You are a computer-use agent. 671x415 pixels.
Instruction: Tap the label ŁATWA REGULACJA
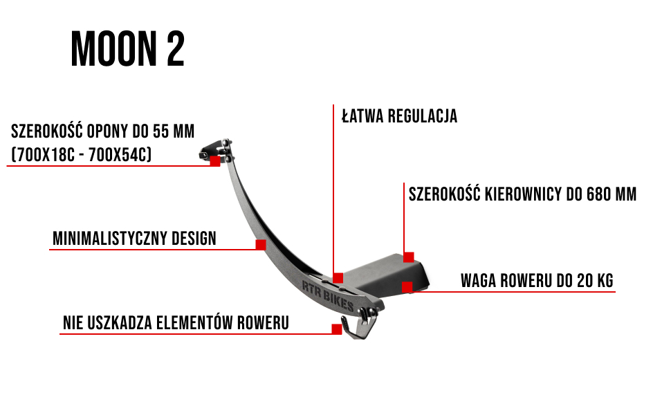[400, 116]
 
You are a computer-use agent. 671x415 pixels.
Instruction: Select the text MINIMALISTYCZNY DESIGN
[134, 239]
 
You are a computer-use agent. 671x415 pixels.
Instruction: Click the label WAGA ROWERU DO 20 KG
[537, 281]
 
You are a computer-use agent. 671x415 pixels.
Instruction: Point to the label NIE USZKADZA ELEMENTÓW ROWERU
[176, 323]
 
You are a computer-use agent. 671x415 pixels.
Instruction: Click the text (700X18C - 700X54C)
[81, 155]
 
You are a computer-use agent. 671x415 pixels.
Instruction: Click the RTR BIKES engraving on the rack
[328, 296]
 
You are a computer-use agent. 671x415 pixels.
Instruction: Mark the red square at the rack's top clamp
[215, 161]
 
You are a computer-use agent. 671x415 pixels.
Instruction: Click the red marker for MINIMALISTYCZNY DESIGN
[261, 245]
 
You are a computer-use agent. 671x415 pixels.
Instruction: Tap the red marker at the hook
[337, 329]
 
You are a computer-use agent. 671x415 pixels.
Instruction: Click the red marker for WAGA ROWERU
[407, 286]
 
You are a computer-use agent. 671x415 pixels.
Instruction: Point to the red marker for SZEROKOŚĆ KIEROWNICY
[409, 257]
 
